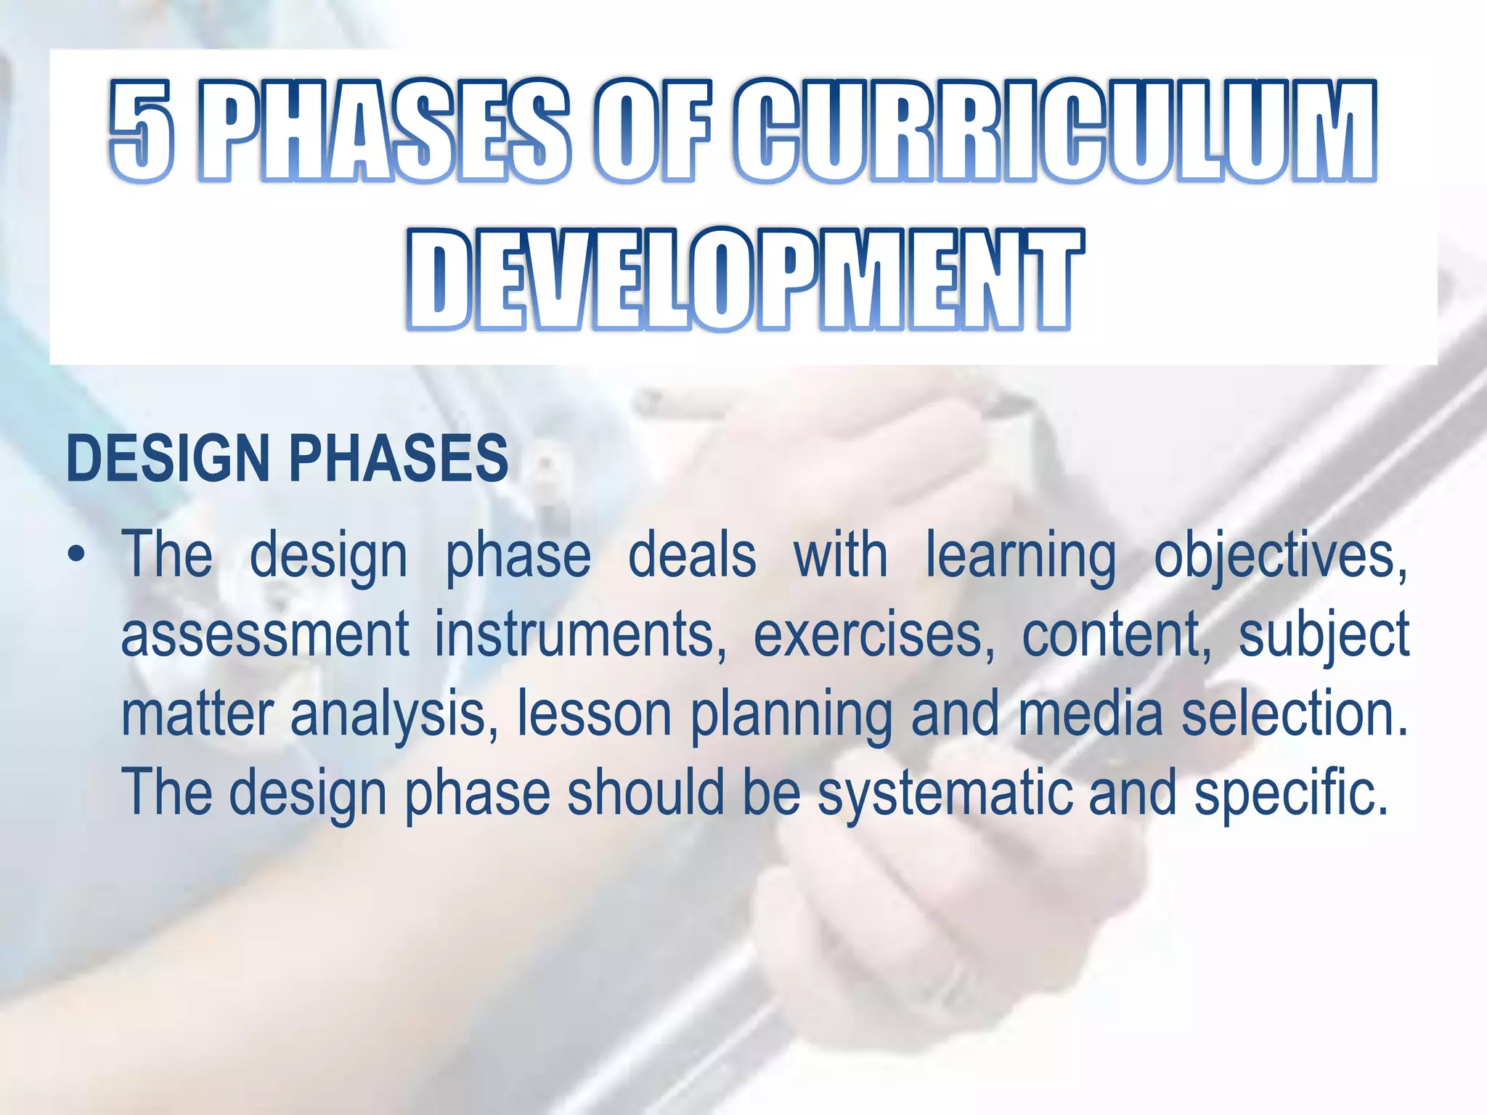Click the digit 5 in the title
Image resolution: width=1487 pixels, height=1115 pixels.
(142, 131)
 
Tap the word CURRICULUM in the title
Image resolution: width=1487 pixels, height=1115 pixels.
(1054, 131)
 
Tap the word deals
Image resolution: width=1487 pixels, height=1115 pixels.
(691, 557)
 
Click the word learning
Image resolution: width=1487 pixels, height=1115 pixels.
(1020, 557)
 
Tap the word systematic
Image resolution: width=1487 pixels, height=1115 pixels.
(944, 793)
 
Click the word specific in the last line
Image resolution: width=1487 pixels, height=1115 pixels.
(1291, 793)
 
